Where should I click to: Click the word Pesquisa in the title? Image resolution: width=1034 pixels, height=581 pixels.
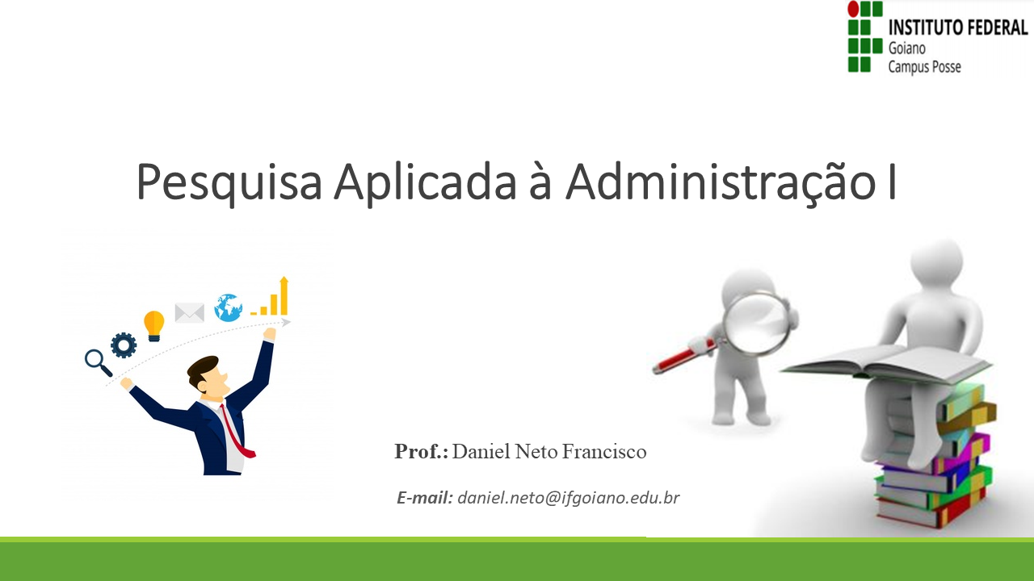click(x=229, y=182)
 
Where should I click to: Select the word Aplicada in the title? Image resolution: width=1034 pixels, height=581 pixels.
click(x=425, y=182)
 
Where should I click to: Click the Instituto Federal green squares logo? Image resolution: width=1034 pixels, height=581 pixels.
click(x=864, y=38)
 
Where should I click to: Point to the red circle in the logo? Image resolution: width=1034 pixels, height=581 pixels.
click(x=853, y=9)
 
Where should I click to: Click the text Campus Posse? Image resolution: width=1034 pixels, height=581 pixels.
click(x=924, y=67)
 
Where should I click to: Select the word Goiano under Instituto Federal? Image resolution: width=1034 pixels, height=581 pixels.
click(x=908, y=48)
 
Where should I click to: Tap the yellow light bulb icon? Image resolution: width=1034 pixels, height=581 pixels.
click(x=153, y=325)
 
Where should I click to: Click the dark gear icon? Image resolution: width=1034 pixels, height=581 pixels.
click(x=124, y=345)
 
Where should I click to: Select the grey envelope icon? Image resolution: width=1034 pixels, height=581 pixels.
click(x=189, y=313)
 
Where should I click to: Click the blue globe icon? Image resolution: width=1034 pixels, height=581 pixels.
click(x=228, y=307)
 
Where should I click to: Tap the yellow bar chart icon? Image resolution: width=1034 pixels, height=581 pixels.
click(x=273, y=299)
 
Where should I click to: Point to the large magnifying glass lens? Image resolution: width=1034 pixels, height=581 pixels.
click(x=755, y=323)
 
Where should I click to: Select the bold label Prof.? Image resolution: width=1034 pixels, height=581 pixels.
click(x=421, y=452)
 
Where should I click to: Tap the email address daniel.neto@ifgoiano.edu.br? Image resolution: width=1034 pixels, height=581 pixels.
click(x=568, y=498)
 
